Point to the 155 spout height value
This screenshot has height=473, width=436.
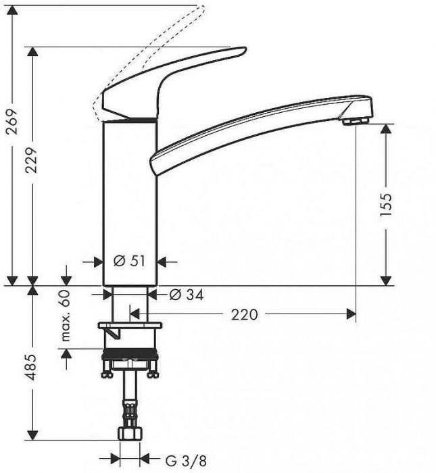386,204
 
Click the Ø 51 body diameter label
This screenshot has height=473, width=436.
130,262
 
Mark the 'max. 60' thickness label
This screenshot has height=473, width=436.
66,318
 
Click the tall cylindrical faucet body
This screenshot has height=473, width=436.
130,203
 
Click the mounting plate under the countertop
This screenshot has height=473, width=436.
130,328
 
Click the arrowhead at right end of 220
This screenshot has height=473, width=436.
350,314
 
